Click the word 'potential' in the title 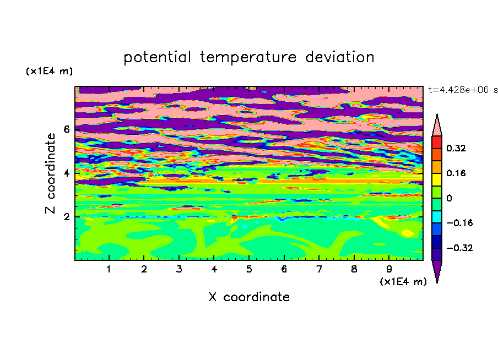point(157,57)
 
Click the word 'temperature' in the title point(248,57)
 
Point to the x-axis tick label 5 point(249,269)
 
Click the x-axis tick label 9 point(389,269)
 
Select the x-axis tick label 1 point(109,269)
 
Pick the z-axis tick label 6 point(66,129)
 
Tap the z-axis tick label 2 point(66,217)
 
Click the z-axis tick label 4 point(66,173)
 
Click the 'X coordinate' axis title point(249,297)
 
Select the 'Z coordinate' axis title point(50,173)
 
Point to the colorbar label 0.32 point(456,148)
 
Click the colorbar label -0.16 point(459,223)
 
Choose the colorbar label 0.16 point(456,173)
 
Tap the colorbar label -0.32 point(459,248)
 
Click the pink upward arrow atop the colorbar point(437,126)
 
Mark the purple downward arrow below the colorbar point(437,271)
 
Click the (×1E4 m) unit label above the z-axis point(49,71)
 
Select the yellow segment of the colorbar point(437,179)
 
